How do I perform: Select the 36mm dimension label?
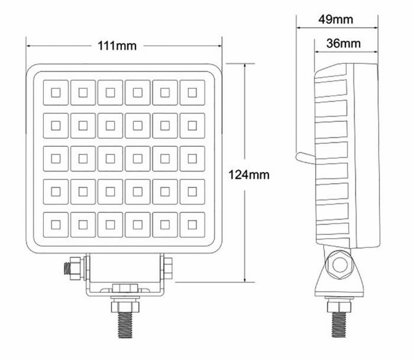coord(344,43)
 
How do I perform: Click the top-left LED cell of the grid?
coord(56,92)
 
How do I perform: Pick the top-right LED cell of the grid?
coord(192,92)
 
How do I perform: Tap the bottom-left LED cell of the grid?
coord(56,224)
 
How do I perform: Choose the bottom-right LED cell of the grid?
coord(192,224)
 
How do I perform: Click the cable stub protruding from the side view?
coord(304,156)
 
